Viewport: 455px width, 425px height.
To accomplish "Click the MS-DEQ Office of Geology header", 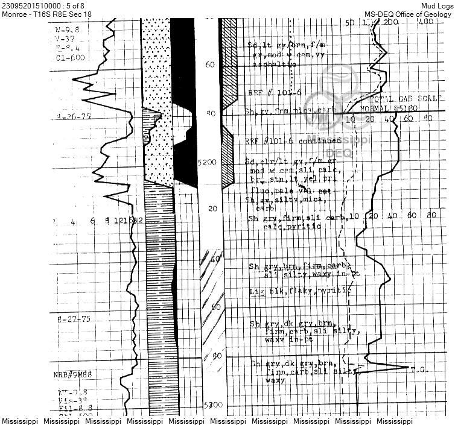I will (x=409, y=14).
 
